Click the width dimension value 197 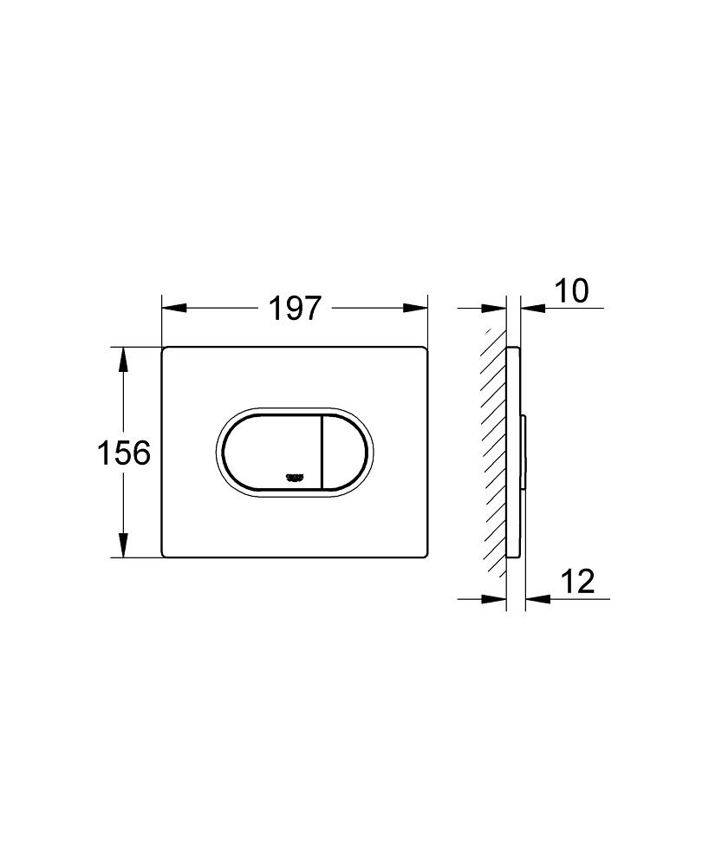click(x=295, y=309)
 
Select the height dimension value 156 click(x=124, y=452)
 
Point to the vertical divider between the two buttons click(x=323, y=451)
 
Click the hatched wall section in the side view click(x=496, y=451)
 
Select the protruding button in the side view click(x=524, y=451)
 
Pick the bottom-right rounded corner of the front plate click(x=424, y=552)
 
